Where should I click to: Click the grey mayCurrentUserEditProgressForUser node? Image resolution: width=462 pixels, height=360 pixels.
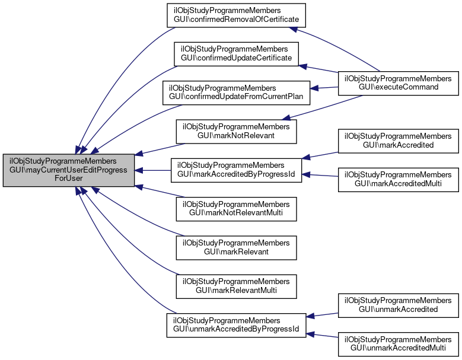tap(69, 171)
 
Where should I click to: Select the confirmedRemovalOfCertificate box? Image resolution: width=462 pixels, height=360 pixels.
tap(235, 15)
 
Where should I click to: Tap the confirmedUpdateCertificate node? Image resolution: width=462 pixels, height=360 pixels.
tap(235, 54)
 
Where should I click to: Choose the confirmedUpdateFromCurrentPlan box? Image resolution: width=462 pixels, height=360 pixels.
tap(237, 93)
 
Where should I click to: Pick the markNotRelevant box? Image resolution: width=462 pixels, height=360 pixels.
tap(235, 132)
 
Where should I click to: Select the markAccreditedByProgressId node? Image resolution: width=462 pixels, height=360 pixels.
tap(235, 171)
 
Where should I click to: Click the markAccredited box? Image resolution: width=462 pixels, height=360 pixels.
tap(398, 140)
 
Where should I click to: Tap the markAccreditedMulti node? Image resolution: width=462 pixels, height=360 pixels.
tap(398, 179)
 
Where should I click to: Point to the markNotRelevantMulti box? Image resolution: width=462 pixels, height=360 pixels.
tap(235, 209)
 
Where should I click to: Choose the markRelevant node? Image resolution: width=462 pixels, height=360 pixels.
tap(235, 248)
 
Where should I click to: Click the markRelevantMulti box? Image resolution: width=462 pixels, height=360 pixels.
tap(235, 286)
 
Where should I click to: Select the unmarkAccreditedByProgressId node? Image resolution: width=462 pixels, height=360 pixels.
tap(236, 325)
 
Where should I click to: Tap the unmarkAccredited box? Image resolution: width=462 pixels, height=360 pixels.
tap(398, 305)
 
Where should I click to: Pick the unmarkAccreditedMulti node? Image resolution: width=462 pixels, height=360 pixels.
tap(398, 344)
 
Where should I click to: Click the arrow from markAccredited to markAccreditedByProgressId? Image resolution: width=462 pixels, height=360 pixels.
tap(320, 155)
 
